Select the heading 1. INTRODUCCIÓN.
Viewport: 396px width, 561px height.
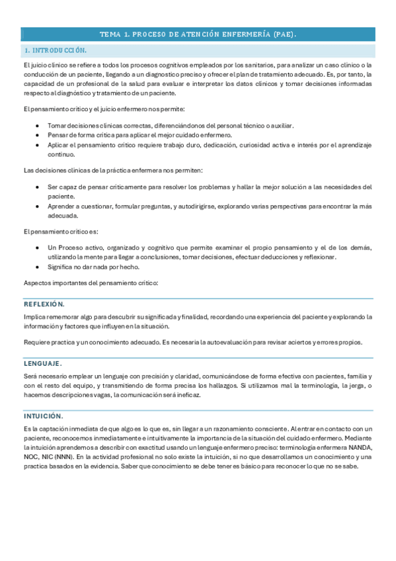pos(56,50)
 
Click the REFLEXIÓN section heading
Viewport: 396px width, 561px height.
pos(44,304)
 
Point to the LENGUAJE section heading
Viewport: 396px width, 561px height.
pos(43,363)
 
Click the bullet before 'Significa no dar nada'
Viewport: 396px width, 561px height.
pos(41,267)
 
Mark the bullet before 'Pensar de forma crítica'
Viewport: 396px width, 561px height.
pos(41,135)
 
